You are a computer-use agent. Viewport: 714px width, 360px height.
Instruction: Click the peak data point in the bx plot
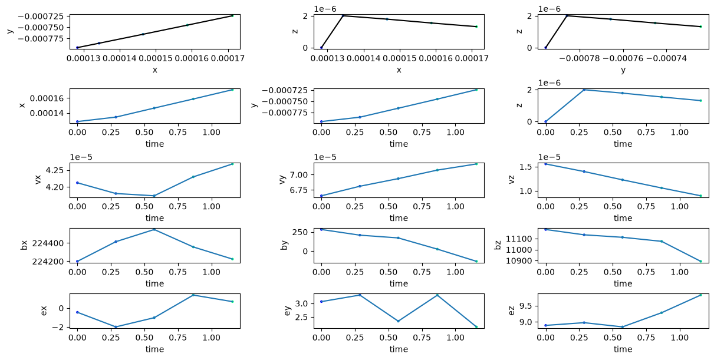[x=154, y=229]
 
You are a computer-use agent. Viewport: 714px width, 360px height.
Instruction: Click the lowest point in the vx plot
[x=154, y=196]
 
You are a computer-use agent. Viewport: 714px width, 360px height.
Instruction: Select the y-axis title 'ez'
[x=512, y=311]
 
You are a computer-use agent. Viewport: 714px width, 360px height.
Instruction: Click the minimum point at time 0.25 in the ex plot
[x=116, y=327]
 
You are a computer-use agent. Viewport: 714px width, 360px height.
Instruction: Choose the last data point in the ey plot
[x=476, y=327]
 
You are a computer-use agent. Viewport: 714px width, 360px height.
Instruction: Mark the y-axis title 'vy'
[x=282, y=180]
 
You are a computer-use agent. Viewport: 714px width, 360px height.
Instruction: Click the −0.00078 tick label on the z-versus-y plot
[x=580, y=58]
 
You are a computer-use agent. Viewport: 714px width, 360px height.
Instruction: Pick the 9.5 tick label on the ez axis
[x=525, y=306]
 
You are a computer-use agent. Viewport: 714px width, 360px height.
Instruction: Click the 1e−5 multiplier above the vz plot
[x=549, y=157]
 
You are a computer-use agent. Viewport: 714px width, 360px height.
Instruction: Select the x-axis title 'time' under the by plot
[x=399, y=283]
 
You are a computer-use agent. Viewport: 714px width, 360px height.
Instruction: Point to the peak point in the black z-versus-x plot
[x=343, y=15]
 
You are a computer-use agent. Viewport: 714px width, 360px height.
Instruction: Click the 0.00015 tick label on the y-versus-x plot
[x=156, y=58]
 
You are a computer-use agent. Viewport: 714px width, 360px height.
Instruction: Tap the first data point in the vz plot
[x=546, y=164]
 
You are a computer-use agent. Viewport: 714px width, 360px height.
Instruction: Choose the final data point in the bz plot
[x=700, y=261]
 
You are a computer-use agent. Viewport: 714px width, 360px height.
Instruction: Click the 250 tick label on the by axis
[x=301, y=232]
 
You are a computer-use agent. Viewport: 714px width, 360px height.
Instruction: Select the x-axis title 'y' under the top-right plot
[x=623, y=70]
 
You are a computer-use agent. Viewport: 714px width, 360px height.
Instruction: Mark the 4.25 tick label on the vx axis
[x=54, y=170]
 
